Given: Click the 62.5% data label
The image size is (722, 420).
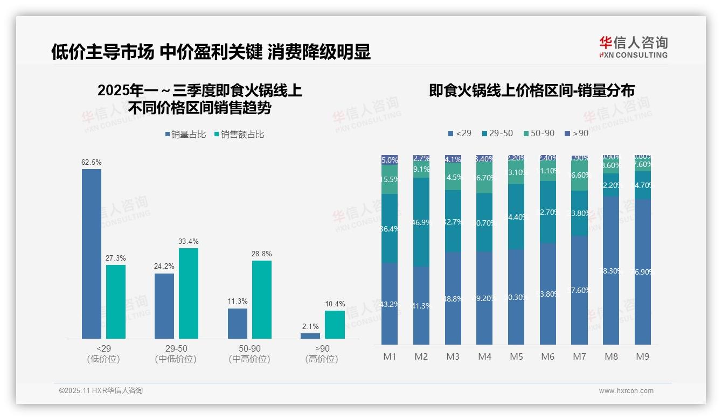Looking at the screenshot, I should click(92, 162).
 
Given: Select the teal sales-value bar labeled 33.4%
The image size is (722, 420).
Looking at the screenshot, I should click(188, 293).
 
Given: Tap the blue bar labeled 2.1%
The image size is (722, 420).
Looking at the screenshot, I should click(310, 335).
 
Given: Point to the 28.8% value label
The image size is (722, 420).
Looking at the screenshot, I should click(261, 254).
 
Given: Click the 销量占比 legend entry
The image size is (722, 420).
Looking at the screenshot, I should click(185, 135).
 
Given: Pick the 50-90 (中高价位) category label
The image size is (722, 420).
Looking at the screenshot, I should click(249, 354).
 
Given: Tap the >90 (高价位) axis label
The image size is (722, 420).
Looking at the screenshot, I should click(322, 354).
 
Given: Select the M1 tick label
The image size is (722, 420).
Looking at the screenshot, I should click(390, 356).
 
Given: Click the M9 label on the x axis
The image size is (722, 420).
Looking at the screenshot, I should click(642, 356).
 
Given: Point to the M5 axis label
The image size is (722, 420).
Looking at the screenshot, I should click(516, 356).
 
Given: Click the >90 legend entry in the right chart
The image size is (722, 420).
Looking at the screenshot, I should click(577, 133).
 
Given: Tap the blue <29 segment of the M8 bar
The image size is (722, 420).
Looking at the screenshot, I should click(611, 270).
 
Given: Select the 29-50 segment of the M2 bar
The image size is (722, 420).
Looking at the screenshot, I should click(421, 222).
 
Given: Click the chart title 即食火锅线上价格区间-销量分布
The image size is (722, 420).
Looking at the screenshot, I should click(531, 90).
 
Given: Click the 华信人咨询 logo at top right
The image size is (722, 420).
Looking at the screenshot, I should click(633, 47).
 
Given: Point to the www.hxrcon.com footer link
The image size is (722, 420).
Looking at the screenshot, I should click(626, 391).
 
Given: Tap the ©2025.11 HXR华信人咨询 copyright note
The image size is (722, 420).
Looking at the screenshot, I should click(101, 391).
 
